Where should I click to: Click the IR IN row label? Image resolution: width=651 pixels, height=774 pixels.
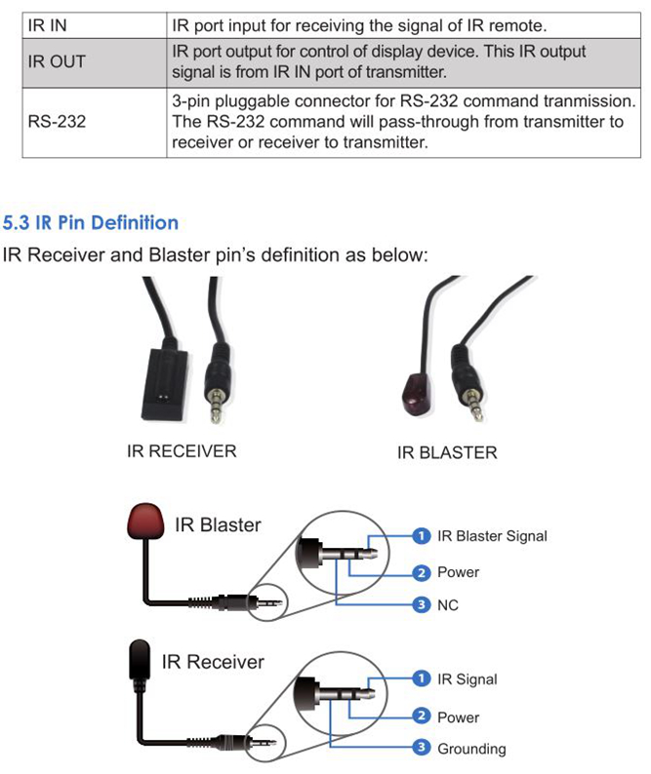[47, 21]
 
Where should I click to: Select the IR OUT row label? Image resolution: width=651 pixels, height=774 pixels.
[57, 61]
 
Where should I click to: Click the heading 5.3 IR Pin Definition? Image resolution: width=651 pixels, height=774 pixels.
[91, 222]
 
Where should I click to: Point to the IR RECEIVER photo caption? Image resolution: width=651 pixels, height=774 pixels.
[182, 451]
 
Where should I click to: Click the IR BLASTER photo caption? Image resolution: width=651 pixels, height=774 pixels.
[446, 452]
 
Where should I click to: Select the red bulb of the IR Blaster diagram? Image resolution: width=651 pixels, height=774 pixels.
[146, 522]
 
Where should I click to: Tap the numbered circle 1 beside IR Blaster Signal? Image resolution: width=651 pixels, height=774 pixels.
[422, 535]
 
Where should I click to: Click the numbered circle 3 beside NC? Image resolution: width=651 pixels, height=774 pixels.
[422, 605]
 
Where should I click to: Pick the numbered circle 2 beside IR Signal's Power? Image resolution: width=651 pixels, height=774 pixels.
[422, 716]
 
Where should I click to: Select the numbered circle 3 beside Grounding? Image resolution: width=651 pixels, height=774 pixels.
[422, 749]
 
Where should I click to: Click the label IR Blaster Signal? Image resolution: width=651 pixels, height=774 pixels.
[492, 535]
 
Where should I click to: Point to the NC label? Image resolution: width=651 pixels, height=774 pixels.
[448, 605]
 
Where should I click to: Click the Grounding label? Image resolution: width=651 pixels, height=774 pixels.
[471, 749]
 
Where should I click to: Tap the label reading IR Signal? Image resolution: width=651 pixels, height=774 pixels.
[468, 679]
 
